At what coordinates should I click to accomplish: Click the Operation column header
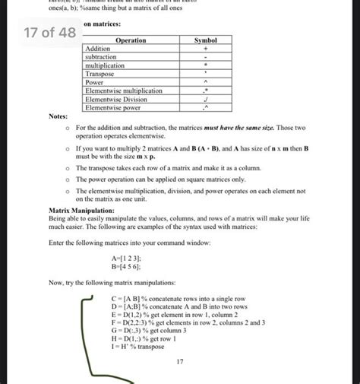click(131, 40)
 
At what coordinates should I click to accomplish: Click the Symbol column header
click(205, 40)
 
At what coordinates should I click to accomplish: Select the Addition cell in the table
click(98, 48)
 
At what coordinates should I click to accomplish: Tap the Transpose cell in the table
click(99, 74)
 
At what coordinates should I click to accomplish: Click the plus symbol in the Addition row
click(205, 48)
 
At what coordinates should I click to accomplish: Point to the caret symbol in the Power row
click(205, 82)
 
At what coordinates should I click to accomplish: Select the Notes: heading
click(58, 116)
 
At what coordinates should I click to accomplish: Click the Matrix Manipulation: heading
click(81, 208)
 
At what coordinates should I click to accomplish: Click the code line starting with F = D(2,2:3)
click(188, 322)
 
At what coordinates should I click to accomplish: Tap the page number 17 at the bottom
click(180, 362)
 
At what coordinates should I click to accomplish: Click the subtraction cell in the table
click(101, 57)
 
